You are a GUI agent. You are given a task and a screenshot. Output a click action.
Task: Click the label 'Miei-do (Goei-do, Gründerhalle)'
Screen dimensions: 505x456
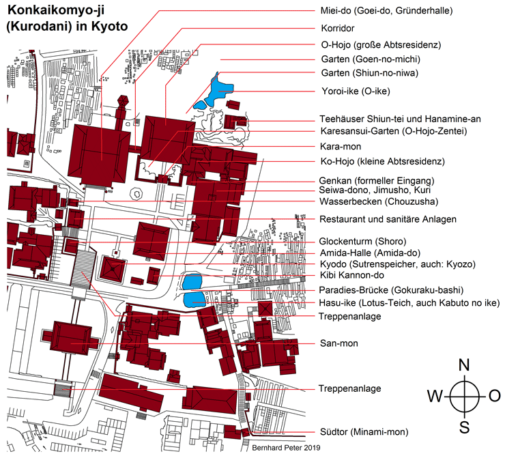coord(386,11)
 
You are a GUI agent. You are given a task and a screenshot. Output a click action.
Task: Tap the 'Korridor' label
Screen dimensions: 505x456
coord(338,29)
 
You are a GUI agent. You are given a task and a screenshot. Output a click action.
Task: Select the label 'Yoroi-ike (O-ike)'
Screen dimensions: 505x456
coord(356,91)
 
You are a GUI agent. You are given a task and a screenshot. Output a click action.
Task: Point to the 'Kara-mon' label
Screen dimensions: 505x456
coord(341,147)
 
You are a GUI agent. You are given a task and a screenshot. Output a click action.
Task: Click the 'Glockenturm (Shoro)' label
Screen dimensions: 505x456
coord(362,242)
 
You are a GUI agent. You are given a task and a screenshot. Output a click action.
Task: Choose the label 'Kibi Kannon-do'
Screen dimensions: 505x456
coord(352,275)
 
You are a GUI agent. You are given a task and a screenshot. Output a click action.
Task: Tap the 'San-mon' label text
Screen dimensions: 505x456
coord(338,343)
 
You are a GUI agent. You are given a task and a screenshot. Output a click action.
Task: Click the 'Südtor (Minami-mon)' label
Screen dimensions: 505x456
coord(364,432)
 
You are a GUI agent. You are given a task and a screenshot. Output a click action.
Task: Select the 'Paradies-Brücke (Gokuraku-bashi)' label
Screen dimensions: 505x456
coord(391,290)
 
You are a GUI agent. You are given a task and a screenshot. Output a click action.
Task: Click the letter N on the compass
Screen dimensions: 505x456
coord(464,365)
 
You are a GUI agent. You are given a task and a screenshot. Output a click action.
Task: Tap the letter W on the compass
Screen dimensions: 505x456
coord(435,396)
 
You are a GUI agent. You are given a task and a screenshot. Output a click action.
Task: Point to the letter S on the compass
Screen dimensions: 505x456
coord(464,427)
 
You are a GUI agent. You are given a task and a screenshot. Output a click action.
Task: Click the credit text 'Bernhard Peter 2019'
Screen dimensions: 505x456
coord(286,448)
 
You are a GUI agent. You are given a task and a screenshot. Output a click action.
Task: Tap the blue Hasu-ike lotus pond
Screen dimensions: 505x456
coord(194,300)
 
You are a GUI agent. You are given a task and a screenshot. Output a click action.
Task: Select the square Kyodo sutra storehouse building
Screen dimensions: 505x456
coord(113,269)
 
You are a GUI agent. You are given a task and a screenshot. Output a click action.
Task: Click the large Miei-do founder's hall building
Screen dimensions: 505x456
coord(99,155)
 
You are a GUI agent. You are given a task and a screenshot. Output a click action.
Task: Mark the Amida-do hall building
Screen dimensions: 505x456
coord(151,241)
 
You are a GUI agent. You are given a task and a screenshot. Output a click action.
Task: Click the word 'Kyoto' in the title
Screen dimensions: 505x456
coord(110,26)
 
